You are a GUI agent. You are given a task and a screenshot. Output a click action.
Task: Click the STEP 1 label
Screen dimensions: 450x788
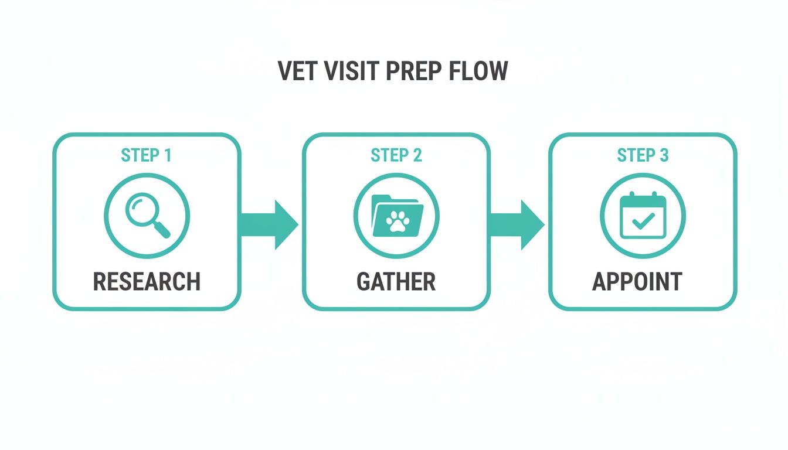pos(146,155)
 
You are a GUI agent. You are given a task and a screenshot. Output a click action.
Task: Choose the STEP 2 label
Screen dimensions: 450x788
pos(396,155)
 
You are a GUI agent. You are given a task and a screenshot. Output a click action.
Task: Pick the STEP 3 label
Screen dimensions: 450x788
pos(643,155)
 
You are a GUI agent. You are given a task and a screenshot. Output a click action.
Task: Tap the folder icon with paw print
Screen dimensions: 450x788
pos(397,216)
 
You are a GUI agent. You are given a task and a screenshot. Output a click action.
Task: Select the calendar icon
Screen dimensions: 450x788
pos(643,216)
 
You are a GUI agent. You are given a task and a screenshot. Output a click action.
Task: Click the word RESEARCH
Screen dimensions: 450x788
pos(147,281)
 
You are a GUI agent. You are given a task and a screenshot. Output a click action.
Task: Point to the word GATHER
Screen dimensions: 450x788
pos(396,281)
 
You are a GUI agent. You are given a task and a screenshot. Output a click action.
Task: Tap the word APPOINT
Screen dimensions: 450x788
pos(637,281)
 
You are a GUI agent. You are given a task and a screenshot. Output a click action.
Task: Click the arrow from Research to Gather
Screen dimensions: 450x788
pos(269,224)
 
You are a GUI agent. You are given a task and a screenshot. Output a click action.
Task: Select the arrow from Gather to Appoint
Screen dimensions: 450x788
pos(517,224)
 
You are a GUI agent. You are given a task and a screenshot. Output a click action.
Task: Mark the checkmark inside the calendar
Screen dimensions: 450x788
pos(644,221)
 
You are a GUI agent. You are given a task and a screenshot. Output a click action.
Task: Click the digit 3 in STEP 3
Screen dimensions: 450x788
pos(663,155)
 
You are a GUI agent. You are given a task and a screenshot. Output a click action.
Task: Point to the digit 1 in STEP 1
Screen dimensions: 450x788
pos(168,155)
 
